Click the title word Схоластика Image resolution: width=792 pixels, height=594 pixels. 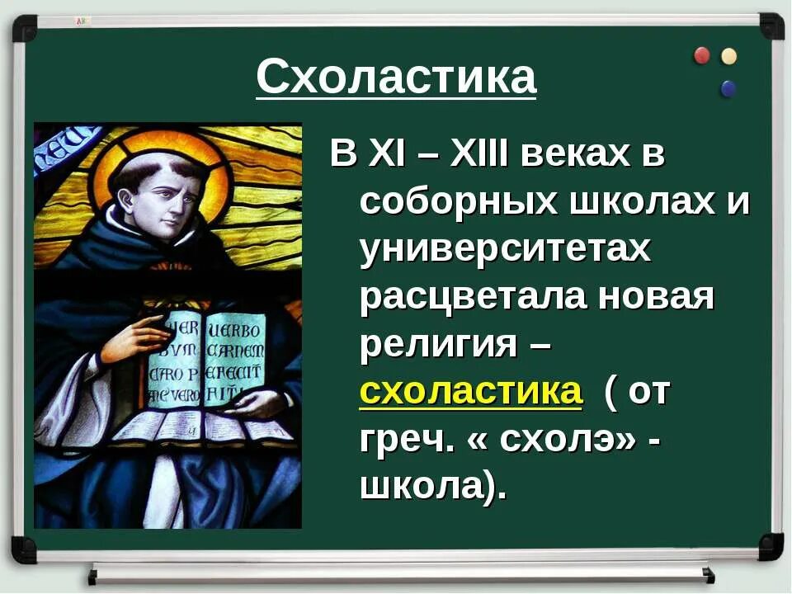[396, 78]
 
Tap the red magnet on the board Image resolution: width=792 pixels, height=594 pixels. [702, 55]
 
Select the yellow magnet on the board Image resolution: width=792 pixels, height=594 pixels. [728, 56]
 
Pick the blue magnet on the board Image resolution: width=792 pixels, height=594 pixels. [728, 87]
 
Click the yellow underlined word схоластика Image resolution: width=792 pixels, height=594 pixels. [471, 391]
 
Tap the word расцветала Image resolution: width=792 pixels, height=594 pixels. [473, 296]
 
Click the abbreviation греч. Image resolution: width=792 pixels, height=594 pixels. [406, 439]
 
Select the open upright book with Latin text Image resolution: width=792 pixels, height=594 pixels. [211, 358]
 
